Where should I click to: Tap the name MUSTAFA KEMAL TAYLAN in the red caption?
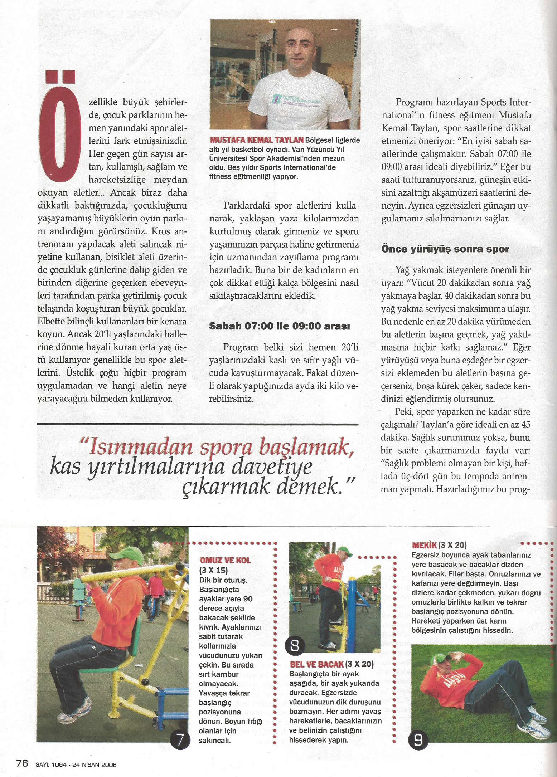[x=257, y=140]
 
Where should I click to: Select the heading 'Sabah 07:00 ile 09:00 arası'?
[x=279, y=326]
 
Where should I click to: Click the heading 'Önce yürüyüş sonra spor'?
[x=445, y=249]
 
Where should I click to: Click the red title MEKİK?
[x=424, y=545]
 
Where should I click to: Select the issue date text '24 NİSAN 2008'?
[x=95, y=764]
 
